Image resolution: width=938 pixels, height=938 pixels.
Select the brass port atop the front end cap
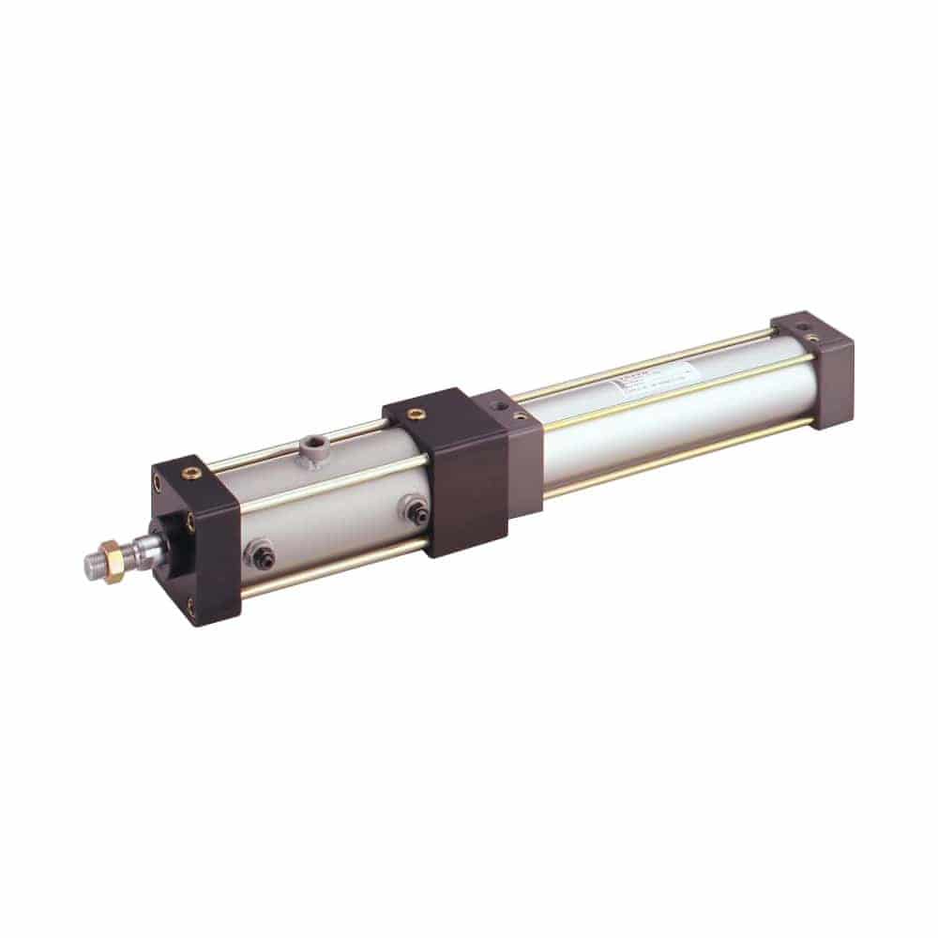(x=195, y=468)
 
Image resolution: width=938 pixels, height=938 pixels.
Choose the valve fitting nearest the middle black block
(x=413, y=510)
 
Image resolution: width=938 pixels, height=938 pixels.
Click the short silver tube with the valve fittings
(x=328, y=507)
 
